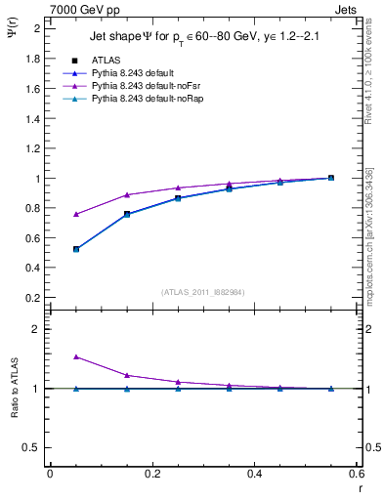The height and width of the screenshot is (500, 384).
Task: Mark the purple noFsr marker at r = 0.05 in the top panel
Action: (76, 214)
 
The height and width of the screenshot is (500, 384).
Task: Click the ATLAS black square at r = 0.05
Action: (76, 249)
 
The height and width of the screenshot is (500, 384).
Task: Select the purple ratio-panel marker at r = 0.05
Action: (76, 357)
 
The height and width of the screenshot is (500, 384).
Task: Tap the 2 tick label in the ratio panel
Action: (37, 329)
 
